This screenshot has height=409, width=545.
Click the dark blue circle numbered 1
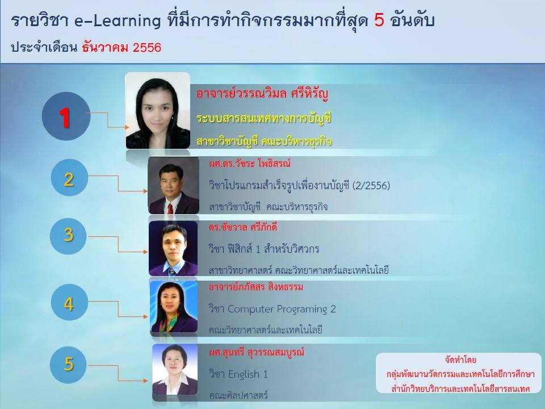click(66, 116)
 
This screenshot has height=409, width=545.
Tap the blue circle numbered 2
click(69, 178)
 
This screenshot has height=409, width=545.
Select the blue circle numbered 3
click(68, 236)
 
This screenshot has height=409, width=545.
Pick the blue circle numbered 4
click(69, 302)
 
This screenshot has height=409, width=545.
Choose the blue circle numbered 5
click(68, 365)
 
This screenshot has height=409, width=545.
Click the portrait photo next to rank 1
click(157, 111)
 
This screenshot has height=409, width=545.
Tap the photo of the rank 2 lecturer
click(174, 185)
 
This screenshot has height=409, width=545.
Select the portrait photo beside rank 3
click(173, 248)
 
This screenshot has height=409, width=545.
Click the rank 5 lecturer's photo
click(175, 370)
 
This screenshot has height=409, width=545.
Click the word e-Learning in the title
click(118, 21)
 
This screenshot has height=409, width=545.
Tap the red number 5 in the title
click(379, 20)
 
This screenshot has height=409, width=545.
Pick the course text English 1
click(248, 374)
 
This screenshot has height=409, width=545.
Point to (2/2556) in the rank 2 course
click(371, 185)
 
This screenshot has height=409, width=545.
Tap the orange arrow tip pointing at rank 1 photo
click(128, 128)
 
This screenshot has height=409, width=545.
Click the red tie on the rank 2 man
click(170, 208)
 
